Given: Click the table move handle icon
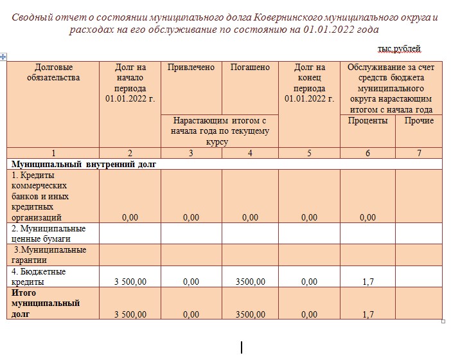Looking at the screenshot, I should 4,57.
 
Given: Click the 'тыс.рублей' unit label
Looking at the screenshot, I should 399,48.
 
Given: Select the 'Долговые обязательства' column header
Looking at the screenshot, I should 53,73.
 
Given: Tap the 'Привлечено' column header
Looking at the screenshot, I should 191,67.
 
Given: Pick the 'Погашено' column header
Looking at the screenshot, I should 250,67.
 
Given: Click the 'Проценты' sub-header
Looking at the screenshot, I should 367,121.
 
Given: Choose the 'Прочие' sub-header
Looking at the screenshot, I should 419,121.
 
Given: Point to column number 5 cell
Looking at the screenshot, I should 309,153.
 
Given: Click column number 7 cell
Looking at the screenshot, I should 419,153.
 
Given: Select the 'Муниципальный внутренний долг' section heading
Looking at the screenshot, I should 84,164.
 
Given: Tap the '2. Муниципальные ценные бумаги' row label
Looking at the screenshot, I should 49,233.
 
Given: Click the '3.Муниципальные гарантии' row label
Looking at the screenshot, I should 50,255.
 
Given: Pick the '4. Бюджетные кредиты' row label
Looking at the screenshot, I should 39,276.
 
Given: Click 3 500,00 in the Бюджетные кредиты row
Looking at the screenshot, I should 130,282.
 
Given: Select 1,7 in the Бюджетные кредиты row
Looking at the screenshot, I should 368,282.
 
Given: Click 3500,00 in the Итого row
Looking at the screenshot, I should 250,314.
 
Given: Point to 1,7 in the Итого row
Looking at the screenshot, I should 368,314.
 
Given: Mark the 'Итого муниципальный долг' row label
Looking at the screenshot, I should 46,303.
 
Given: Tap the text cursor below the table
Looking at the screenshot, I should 242,348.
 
